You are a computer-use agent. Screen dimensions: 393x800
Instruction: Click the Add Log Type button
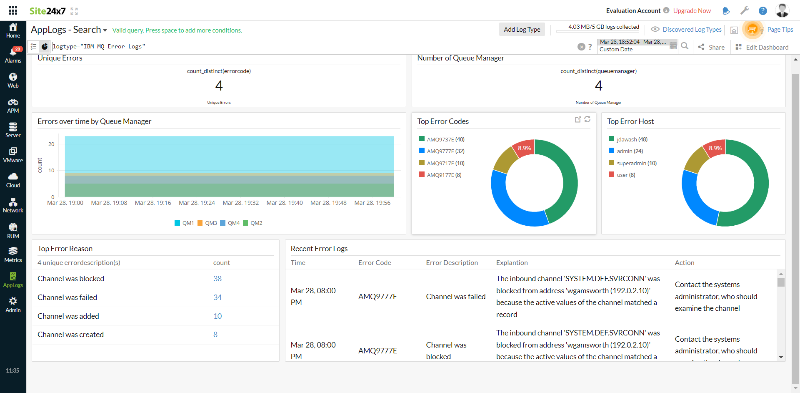click(x=522, y=29)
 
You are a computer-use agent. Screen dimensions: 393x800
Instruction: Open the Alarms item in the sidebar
click(x=13, y=55)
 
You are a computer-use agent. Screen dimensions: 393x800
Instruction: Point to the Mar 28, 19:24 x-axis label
click(x=197, y=203)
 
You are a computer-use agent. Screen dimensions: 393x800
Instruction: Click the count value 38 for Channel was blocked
click(x=217, y=279)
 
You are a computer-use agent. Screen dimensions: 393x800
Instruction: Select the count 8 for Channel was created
click(x=215, y=335)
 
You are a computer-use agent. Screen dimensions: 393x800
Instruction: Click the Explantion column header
click(x=512, y=263)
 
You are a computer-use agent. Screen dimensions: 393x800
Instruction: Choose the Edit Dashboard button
click(x=762, y=47)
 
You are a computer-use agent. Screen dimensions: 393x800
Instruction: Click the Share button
click(x=711, y=47)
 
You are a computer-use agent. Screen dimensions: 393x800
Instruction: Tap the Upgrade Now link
click(x=692, y=11)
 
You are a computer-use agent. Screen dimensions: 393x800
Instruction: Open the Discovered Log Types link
click(x=692, y=30)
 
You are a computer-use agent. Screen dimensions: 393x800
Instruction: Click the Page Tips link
click(x=780, y=30)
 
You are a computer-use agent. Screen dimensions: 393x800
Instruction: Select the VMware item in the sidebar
click(x=13, y=155)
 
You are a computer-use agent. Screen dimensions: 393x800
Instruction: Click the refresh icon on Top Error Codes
click(x=587, y=119)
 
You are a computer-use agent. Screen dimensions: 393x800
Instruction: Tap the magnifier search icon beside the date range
click(x=685, y=46)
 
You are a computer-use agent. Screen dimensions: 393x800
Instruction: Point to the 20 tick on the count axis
click(x=51, y=144)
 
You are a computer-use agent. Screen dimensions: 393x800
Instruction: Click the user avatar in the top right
click(x=782, y=10)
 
